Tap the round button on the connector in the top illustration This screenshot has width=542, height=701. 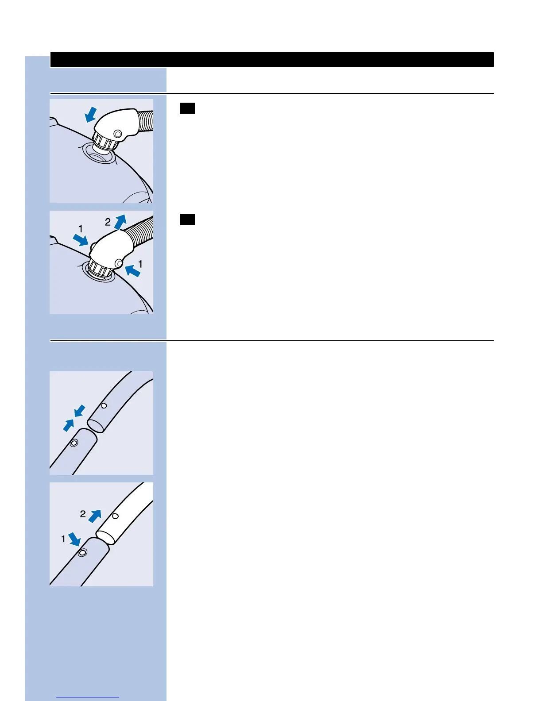(117, 134)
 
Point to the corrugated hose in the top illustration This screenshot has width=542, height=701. (146, 121)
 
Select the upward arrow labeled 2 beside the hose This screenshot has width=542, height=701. (120, 222)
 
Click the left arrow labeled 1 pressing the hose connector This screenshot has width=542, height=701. (81, 240)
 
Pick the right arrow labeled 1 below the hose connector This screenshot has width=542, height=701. (132, 270)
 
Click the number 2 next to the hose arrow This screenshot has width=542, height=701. (108, 222)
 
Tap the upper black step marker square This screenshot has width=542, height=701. (187, 108)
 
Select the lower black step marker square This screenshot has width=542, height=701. (187, 220)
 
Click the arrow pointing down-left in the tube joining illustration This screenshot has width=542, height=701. (80, 411)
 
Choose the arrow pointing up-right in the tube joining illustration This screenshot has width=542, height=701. (69, 425)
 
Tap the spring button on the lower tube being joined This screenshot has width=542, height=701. (74, 443)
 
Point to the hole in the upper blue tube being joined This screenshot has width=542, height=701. (104, 405)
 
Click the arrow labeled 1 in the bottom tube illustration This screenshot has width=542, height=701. (74, 539)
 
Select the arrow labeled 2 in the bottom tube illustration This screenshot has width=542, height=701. (95, 516)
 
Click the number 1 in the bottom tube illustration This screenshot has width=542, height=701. (63, 539)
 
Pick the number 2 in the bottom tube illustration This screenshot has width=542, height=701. (83, 514)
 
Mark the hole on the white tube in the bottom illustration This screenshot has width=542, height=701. (115, 516)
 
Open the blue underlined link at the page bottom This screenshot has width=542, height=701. (88, 697)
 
